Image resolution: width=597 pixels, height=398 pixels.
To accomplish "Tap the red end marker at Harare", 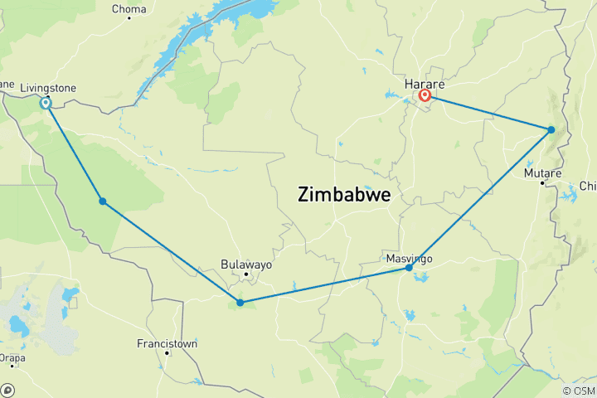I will click(x=425, y=95).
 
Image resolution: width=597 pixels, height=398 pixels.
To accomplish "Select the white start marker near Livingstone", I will click(x=46, y=104).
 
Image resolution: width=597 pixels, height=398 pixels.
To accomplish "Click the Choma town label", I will click(x=130, y=10).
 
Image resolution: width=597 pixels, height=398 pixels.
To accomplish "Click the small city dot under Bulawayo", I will click(x=245, y=274).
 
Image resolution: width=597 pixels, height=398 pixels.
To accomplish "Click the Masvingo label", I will click(x=410, y=259).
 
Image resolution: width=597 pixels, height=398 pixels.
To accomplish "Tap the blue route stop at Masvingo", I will click(x=409, y=268).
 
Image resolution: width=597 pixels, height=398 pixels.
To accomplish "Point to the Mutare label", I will click(x=543, y=172).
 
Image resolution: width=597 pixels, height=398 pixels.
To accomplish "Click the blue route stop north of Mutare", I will click(x=551, y=129).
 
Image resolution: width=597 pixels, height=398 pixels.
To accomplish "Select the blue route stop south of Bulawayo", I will click(x=240, y=303).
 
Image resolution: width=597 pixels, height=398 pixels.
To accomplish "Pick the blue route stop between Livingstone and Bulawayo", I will click(x=102, y=201).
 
